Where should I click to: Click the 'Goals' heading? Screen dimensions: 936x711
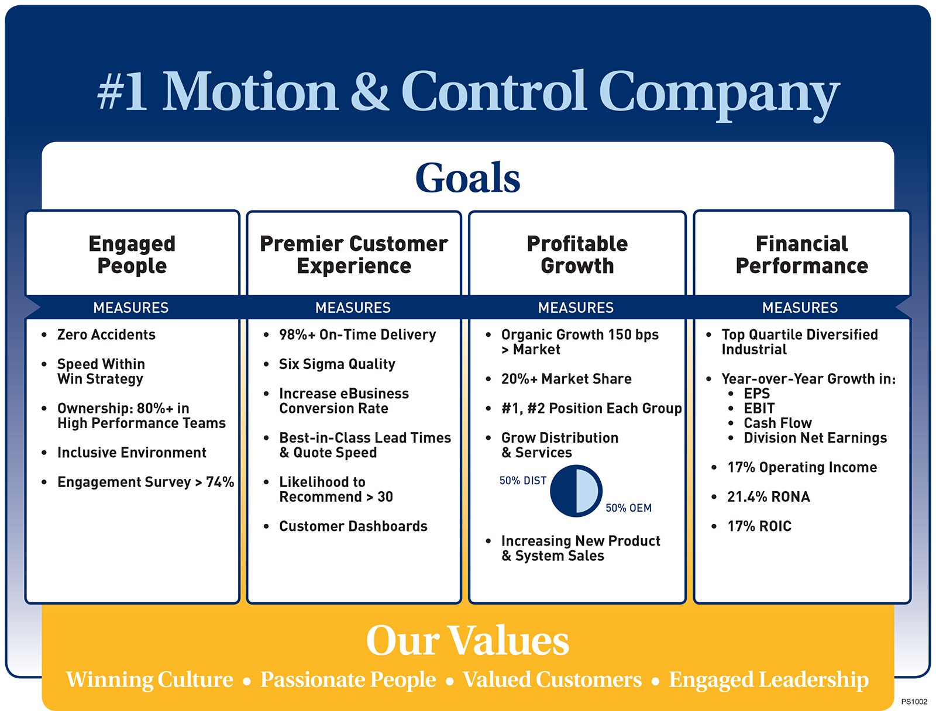[x=468, y=177]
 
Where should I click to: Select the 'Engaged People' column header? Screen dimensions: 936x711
[x=132, y=255]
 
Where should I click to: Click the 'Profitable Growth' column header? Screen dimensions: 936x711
[x=577, y=255]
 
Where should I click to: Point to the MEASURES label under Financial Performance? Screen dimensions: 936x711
[x=800, y=308]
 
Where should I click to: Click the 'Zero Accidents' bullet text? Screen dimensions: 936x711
[x=106, y=335]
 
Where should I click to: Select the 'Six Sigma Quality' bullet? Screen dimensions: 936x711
[x=338, y=364]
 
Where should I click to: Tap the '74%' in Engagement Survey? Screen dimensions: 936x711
[x=220, y=482]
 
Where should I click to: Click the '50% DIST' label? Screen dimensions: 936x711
[x=523, y=481]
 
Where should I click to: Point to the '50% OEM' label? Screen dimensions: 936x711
[x=628, y=508]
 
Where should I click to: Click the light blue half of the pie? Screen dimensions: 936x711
[x=589, y=491]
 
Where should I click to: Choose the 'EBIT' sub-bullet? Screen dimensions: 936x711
[x=759, y=408]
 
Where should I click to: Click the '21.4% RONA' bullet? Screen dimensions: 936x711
[x=769, y=497]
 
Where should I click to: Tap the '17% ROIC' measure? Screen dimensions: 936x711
[x=759, y=526]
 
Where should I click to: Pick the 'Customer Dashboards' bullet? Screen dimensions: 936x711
[x=353, y=526]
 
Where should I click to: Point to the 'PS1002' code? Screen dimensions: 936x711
[x=914, y=702]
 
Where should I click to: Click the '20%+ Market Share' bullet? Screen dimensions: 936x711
[x=566, y=379]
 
